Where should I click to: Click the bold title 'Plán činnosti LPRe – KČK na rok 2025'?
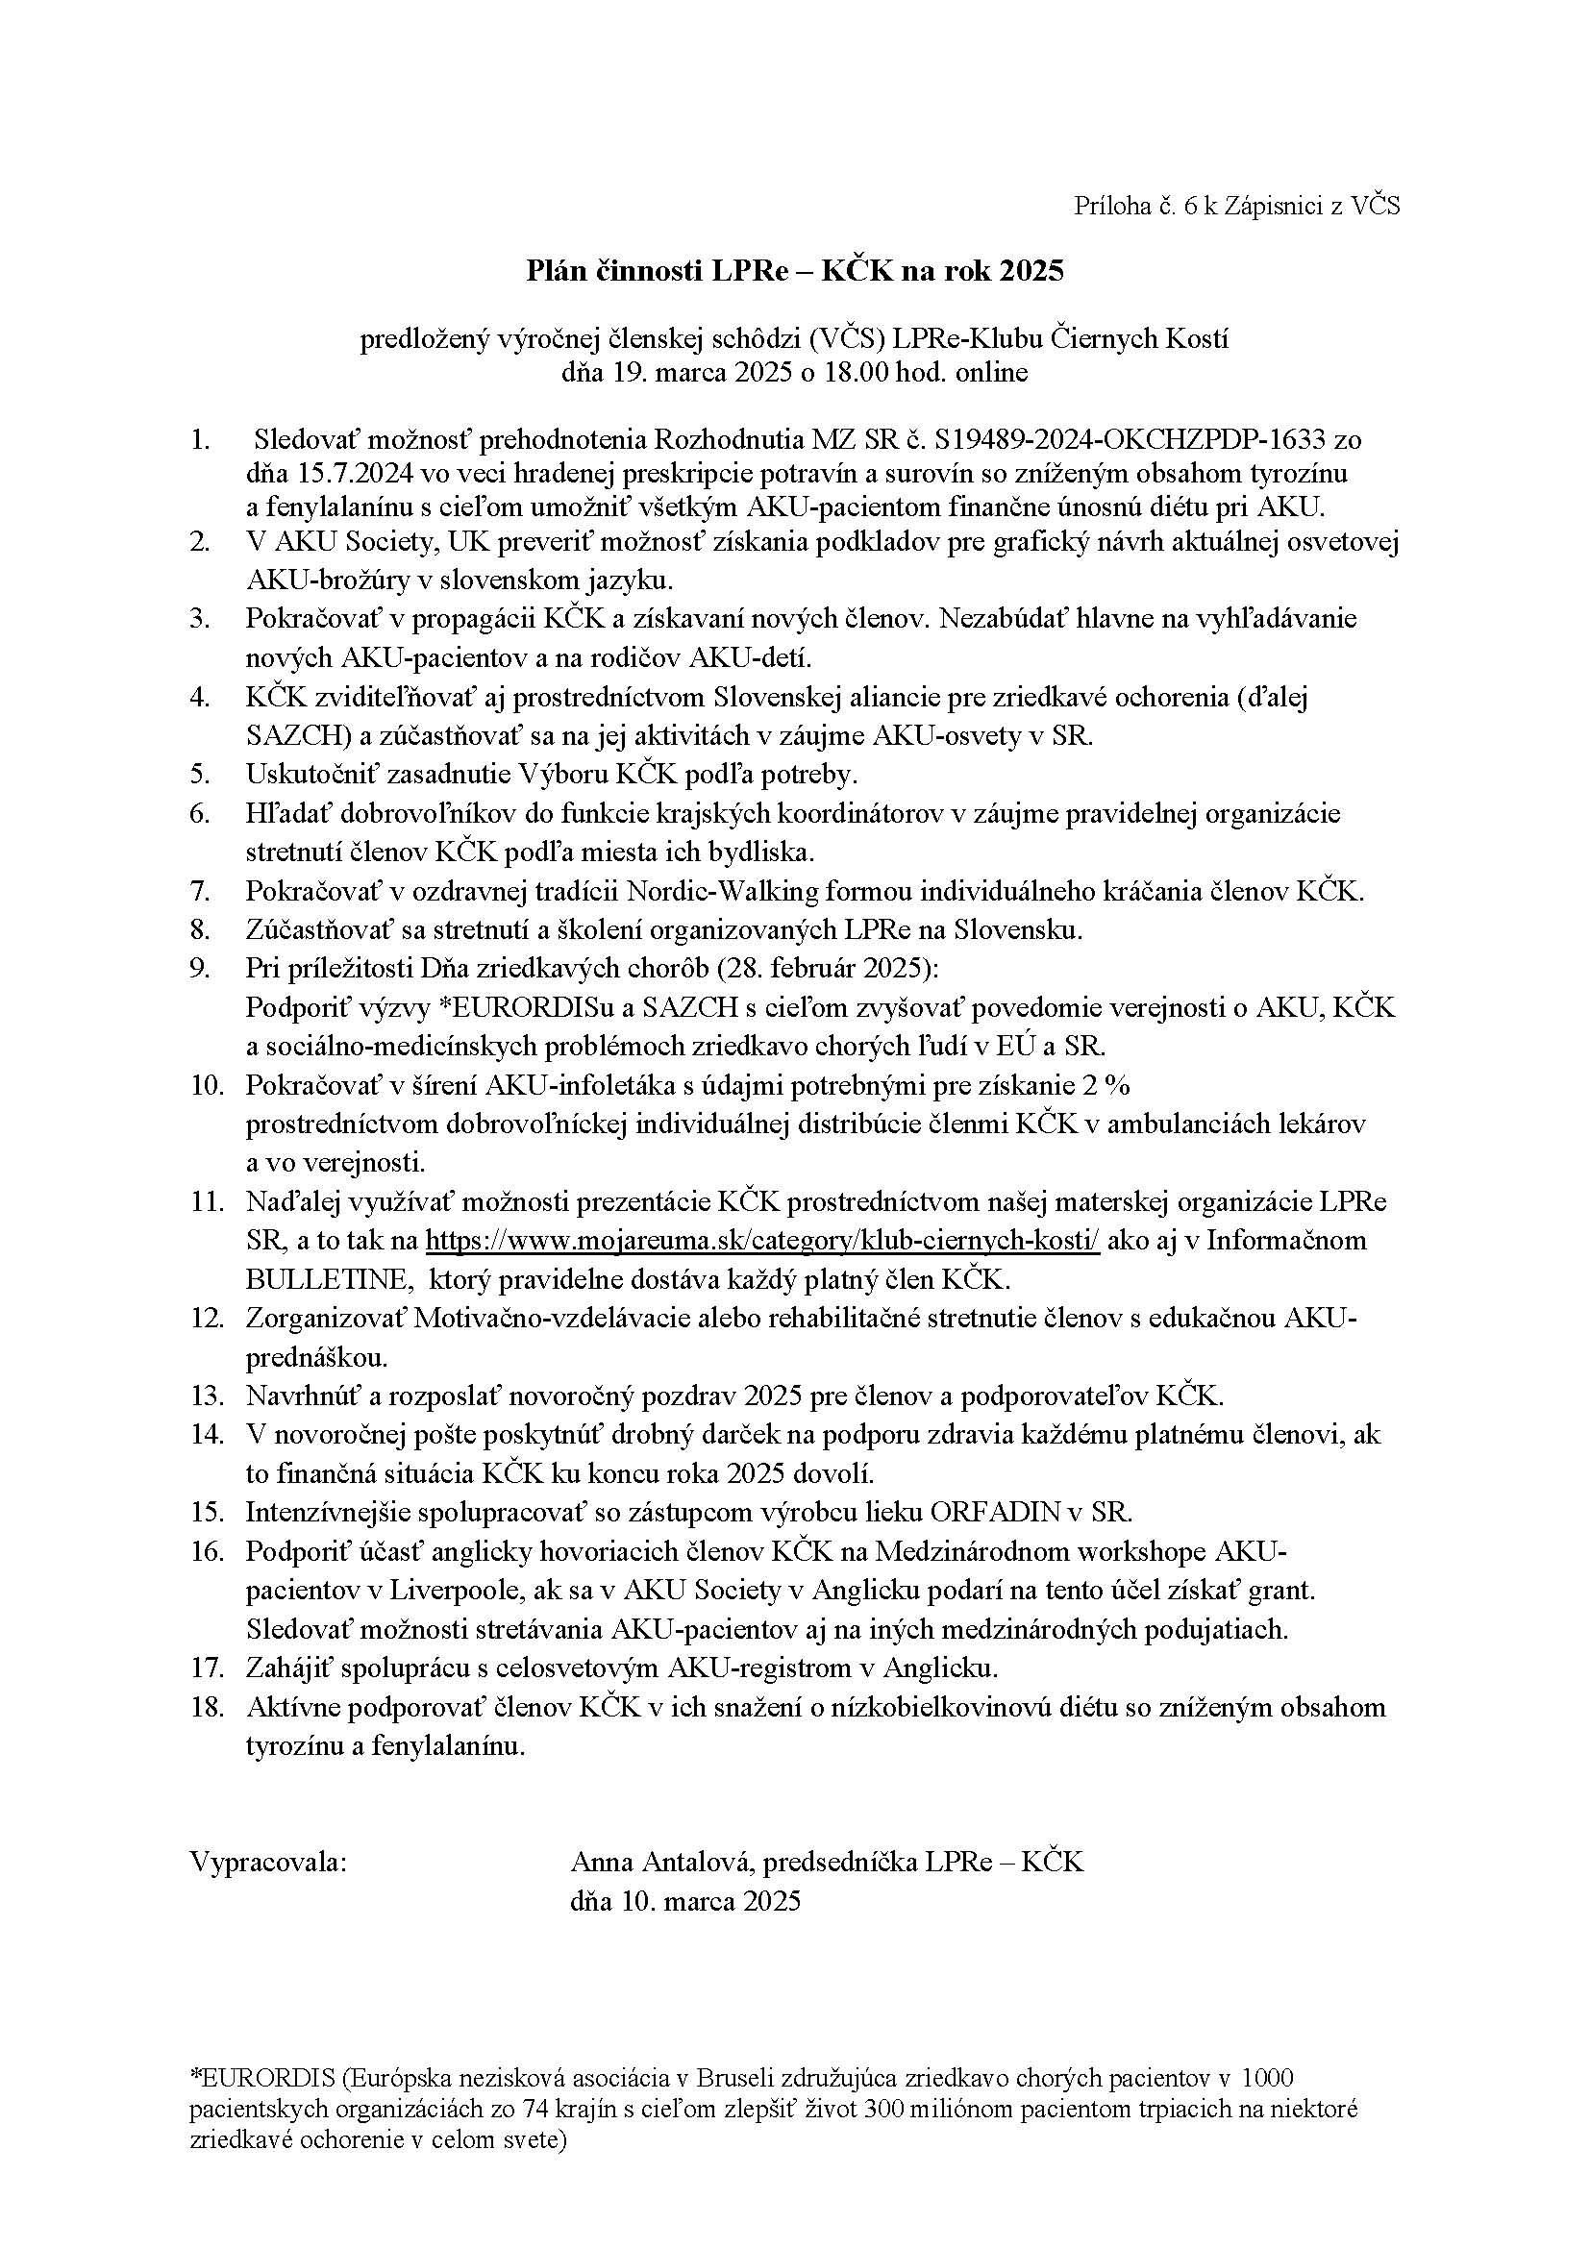pyautogui.click(x=794, y=270)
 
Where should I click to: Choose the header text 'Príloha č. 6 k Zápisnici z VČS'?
pyautogui.click(x=1236, y=206)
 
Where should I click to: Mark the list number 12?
pyautogui.click(x=207, y=1318)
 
